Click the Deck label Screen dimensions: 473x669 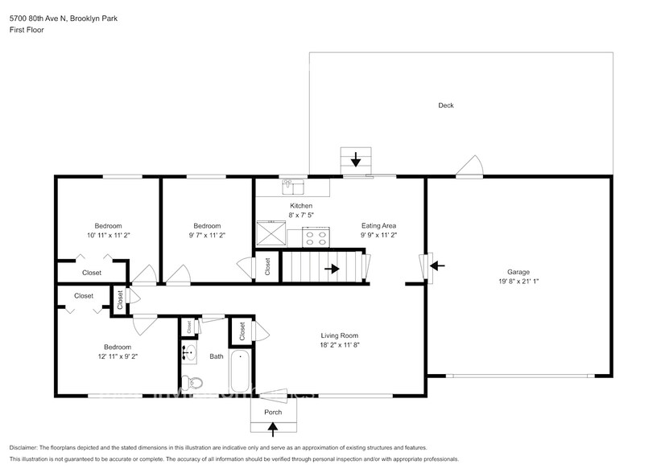[x=445, y=105]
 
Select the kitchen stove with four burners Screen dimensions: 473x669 [x=316, y=236]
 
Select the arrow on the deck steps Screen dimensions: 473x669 [x=356, y=159]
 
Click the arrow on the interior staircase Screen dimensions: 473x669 [x=332, y=268]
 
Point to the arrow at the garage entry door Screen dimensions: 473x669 [x=435, y=265]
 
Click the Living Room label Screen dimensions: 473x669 [x=338, y=335]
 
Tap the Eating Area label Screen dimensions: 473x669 [x=378, y=226]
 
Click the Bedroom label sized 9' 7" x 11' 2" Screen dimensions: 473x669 [x=207, y=226]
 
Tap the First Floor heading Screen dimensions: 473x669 [x=27, y=30]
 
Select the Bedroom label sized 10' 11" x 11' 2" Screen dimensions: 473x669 [x=108, y=226]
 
